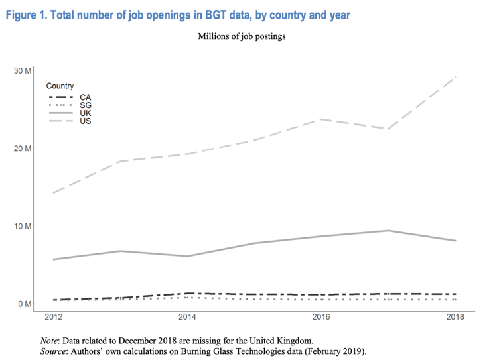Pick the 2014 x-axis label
click(188, 317)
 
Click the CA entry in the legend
click(85, 97)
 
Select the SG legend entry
click(85, 105)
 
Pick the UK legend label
click(85, 113)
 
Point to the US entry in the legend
click(85, 121)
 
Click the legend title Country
click(60, 86)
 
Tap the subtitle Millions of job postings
click(242, 36)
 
